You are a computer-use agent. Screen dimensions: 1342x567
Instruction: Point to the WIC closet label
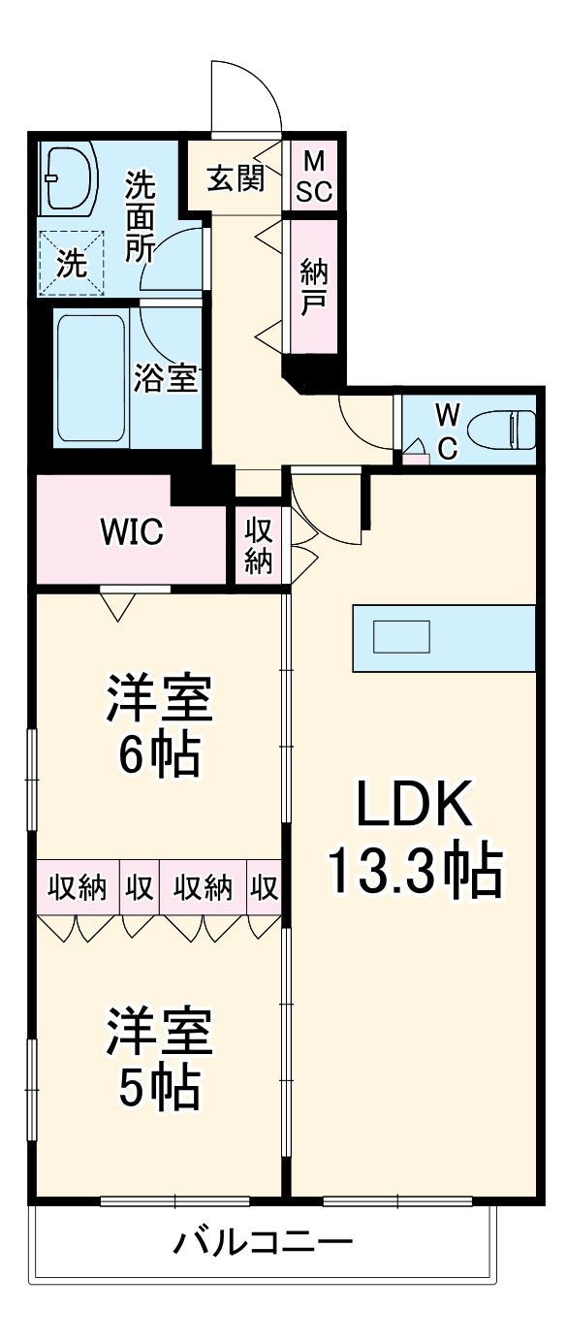coord(132,531)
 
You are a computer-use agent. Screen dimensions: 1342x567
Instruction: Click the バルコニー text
coord(264,1241)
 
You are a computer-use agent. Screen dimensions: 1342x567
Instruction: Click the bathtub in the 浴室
coord(89,378)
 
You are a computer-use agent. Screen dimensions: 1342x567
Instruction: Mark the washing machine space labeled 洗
coord(70,263)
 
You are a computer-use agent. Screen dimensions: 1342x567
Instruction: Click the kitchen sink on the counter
coord(402,637)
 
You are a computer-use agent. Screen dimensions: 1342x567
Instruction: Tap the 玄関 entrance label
coord(235,179)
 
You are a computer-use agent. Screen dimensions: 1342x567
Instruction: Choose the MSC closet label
coord(314,176)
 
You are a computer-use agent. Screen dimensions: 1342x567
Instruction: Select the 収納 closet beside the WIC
coord(258,547)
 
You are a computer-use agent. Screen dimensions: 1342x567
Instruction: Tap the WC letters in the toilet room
coord(446,430)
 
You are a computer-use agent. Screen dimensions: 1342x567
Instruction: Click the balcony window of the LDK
coord(397,1201)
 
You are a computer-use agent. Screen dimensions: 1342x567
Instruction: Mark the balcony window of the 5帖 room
coord(174,1201)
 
